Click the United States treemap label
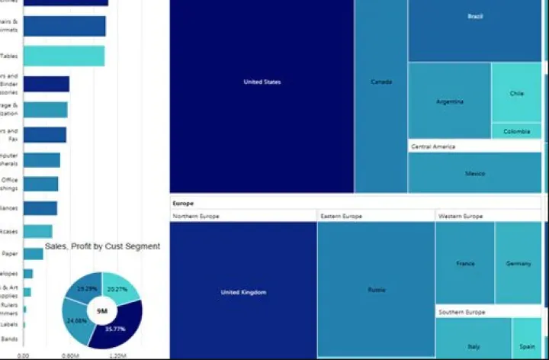(x=262, y=82)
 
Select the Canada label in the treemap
(x=381, y=82)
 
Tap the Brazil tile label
(x=475, y=16)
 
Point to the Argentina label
(x=449, y=101)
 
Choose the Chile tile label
(x=517, y=94)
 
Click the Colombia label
(x=516, y=131)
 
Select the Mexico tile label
(x=475, y=174)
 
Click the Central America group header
(x=434, y=146)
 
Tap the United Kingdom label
(x=243, y=292)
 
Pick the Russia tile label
(x=377, y=290)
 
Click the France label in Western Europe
(x=465, y=264)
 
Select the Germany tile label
(x=518, y=264)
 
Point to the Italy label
(x=474, y=346)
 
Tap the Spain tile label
(x=528, y=346)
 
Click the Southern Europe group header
(x=461, y=313)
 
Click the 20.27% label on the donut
(x=117, y=290)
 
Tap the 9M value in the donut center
(x=101, y=310)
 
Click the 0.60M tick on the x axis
(x=70, y=355)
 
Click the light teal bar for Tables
(x=63, y=56)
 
